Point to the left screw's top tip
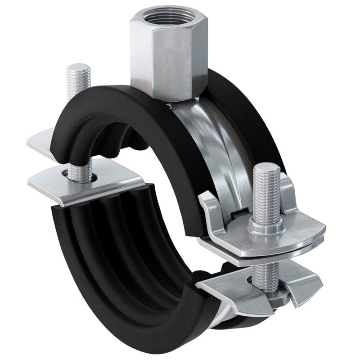coord(78,68)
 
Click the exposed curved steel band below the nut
coord(211,144)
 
